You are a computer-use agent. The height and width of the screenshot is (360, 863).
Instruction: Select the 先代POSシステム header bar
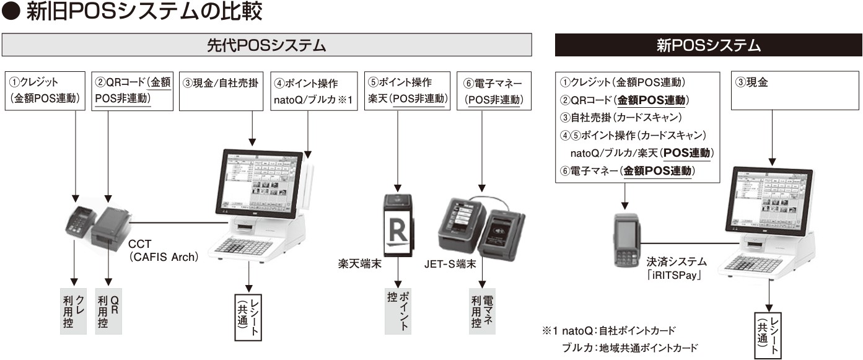coord(266,45)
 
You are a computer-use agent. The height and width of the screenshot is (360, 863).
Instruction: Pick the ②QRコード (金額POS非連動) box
coord(131,91)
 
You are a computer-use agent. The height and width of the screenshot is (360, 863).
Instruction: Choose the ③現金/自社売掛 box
coord(221,91)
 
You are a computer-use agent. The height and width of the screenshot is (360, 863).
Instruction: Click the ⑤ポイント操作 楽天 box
coord(408,91)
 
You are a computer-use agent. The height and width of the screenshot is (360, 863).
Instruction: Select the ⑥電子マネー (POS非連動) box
coord(494,91)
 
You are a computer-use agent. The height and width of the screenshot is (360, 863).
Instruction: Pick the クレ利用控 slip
coord(74,312)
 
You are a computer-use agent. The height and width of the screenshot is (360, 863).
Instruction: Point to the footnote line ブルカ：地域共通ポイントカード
coord(629,347)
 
